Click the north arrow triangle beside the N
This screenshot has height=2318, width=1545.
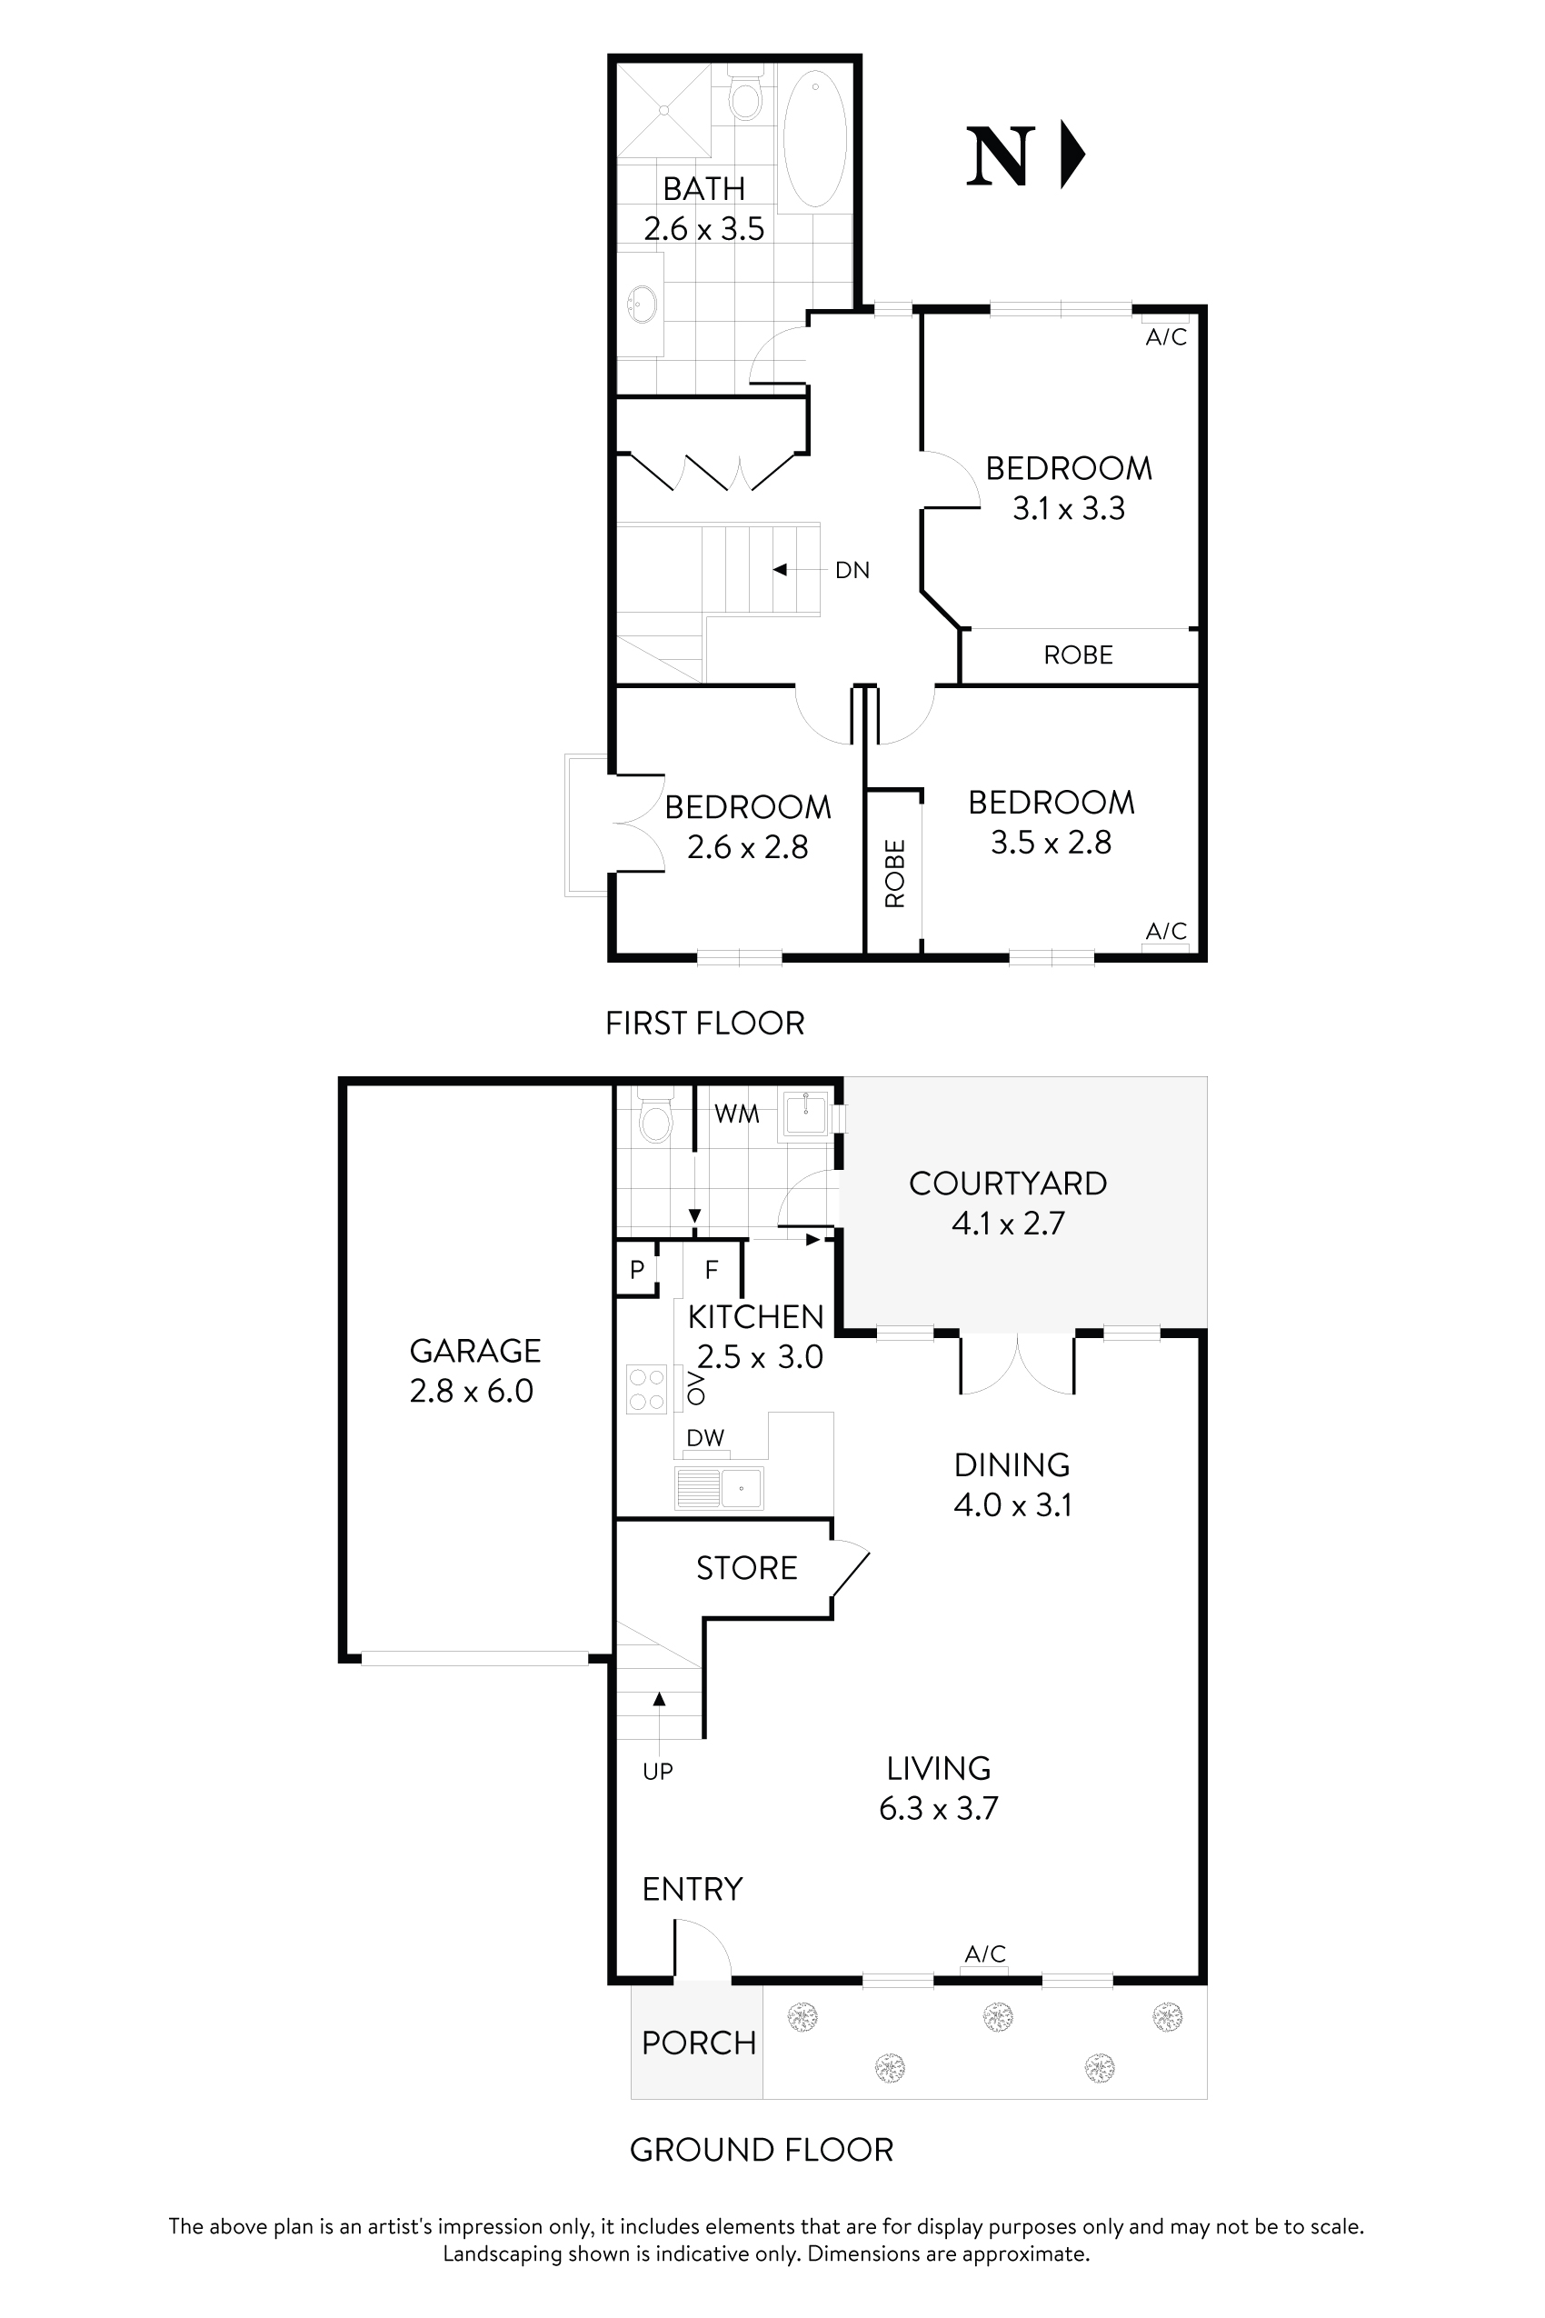click(1072, 155)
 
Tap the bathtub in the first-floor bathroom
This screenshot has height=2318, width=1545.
click(814, 138)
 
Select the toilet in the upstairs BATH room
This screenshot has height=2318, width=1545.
click(746, 96)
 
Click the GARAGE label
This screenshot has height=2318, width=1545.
click(475, 1350)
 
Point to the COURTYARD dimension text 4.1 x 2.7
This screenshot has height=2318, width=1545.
click(1007, 1223)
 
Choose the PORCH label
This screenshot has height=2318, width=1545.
click(699, 2043)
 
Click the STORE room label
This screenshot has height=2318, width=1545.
click(746, 1568)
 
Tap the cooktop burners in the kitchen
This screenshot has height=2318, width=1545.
click(646, 1390)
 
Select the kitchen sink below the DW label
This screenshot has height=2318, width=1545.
click(719, 1488)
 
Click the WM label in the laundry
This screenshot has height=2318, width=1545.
click(736, 1114)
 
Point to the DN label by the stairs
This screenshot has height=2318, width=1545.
click(852, 571)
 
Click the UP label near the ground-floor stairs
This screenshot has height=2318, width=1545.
click(657, 1772)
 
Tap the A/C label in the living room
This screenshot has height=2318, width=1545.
click(984, 1954)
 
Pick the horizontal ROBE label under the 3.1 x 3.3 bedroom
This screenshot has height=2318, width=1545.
click(1078, 655)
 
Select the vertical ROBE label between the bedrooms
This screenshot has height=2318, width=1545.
click(894, 874)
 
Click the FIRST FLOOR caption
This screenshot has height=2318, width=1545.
click(704, 1023)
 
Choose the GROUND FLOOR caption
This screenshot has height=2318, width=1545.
click(761, 2150)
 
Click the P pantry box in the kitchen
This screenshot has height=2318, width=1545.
click(636, 1269)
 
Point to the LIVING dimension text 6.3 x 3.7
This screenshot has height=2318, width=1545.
click(938, 1808)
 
